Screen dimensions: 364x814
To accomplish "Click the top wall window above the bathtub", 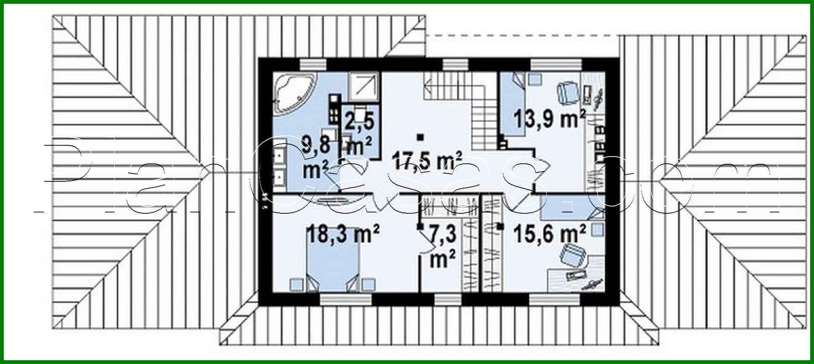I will (313, 64).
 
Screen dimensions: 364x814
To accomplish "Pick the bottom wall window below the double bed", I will (346, 299).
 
